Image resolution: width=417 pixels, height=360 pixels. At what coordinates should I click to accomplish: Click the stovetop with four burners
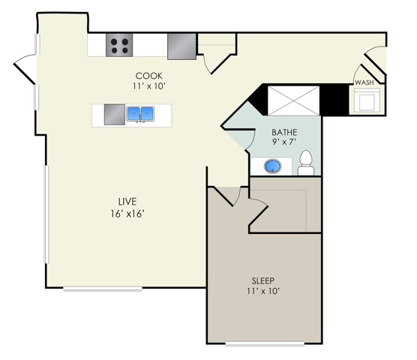pos(120,46)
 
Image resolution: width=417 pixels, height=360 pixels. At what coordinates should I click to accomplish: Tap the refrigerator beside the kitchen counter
pos(181,46)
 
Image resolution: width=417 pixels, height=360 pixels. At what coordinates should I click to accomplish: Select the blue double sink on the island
pos(139,114)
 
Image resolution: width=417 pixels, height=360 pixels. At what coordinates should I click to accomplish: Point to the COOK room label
pos(150,76)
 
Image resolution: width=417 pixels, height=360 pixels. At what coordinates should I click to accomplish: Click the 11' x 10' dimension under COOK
pos(150,86)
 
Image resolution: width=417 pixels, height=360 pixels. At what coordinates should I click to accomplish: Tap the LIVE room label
pos(126,201)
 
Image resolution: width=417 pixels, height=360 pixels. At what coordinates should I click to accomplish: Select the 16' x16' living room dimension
pos(126,213)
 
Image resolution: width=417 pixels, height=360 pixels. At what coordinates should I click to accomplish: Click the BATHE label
pos(284,132)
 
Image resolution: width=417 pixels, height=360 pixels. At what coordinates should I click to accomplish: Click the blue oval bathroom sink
pos(274,166)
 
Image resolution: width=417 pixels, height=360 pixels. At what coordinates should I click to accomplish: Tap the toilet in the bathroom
pos(306,163)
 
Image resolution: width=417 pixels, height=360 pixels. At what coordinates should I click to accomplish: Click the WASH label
pos(364,82)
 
